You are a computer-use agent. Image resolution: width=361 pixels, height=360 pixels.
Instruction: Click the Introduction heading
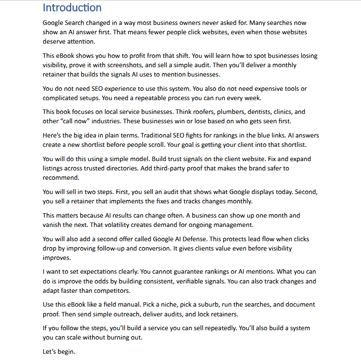point(72,8)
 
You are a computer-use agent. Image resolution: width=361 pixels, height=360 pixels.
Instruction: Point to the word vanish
point(53,225)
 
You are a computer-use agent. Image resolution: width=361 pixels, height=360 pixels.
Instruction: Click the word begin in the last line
point(66,352)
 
